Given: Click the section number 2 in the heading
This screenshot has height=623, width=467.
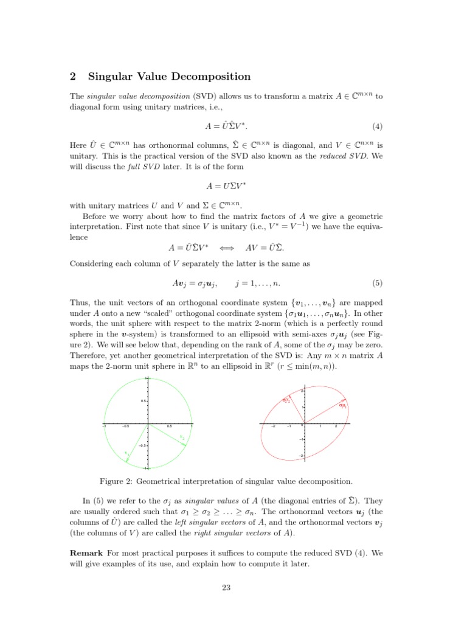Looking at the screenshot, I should [x=72, y=77].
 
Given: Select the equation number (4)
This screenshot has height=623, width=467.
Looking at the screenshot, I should [x=377, y=127].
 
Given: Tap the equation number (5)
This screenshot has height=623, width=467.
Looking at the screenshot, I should [x=377, y=284].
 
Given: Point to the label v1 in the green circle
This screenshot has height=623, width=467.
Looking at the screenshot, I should [x=126, y=453].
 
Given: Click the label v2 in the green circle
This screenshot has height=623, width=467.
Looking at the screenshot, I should [x=182, y=437].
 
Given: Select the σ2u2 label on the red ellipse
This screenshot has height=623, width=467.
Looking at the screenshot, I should [x=286, y=400].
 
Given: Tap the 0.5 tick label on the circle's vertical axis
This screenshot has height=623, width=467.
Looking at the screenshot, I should [x=143, y=402].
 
